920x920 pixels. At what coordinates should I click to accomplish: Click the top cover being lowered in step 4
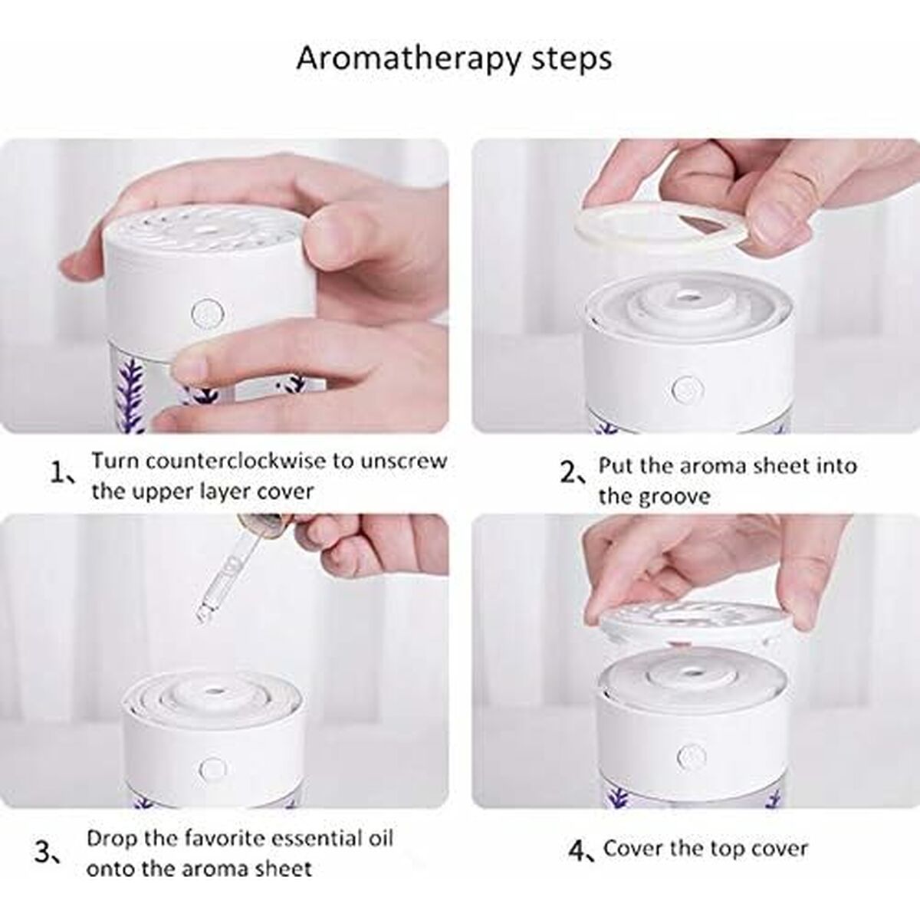click(693, 623)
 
